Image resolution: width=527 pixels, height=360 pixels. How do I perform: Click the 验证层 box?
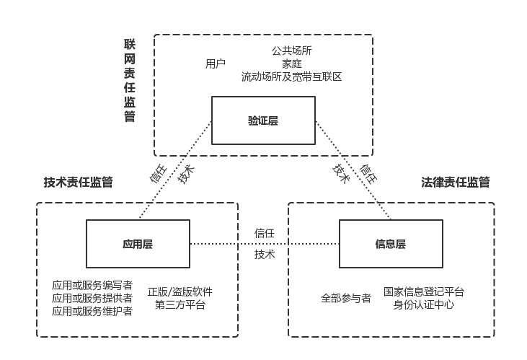(263, 121)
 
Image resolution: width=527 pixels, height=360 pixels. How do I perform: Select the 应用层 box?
(138, 244)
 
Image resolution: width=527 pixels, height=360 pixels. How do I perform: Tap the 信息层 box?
(390, 244)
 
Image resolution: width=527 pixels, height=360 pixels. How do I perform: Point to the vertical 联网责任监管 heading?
(130, 81)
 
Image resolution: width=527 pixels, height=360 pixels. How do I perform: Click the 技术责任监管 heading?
(78, 183)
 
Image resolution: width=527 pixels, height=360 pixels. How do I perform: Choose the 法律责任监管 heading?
(456, 183)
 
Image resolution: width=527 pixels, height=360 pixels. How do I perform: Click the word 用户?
(216, 63)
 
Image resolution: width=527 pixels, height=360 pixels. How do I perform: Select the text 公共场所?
(291, 51)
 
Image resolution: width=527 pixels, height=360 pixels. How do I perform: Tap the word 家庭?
(291, 63)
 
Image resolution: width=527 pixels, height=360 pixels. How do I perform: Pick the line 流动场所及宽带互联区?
(291, 76)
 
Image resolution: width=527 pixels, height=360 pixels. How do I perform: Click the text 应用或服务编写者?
(92, 286)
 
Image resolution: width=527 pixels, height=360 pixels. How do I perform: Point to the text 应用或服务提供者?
(92, 299)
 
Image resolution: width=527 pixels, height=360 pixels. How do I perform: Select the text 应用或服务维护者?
(92, 312)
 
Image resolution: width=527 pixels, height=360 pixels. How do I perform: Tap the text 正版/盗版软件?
(180, 292)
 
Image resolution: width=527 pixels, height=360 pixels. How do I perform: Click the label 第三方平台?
(180, 305)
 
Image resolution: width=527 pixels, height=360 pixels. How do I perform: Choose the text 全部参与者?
(346, 298)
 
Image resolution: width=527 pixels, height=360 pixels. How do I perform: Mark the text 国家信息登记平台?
(424, 292)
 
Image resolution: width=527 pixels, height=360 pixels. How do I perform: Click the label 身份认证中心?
(424, 305)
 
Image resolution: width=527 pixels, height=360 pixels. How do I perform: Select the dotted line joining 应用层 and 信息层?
(216, 244)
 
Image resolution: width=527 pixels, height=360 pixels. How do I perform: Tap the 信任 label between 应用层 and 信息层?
(265, 233)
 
